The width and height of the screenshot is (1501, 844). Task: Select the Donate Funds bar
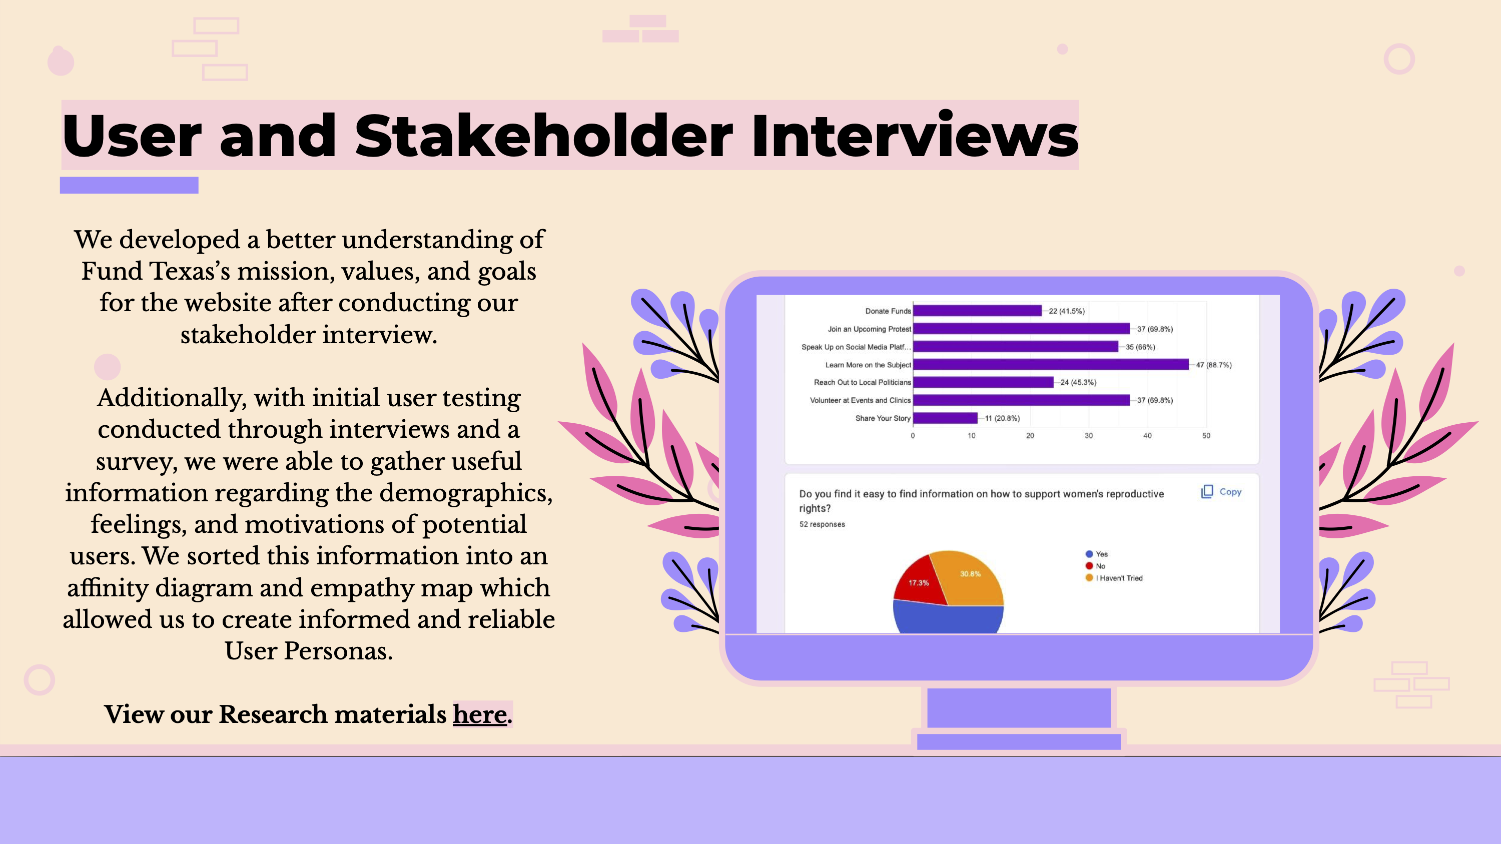click(977, 311)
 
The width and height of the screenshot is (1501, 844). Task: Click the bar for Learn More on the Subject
click(1051, 365)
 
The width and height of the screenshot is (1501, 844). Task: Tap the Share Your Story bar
click(945, 418)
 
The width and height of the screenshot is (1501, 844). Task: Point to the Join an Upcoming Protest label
click(869, 329)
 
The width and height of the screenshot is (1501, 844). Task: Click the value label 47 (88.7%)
click(1214, 365)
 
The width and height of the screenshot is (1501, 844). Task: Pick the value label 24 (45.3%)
click(1078, 383)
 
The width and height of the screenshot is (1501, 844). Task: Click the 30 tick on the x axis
click(1088, 436)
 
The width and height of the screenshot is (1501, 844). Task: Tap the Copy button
click(1221, 492)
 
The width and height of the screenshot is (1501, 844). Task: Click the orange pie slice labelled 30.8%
click(970, 577)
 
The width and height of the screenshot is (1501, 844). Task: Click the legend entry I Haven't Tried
click(1114, 578)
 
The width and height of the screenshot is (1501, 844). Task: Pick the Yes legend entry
click(1097, 554)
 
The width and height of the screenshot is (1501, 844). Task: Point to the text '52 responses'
click(822, 524)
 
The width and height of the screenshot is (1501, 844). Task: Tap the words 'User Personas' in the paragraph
click(308, 650)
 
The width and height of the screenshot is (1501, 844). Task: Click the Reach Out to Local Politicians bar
click(983, 383)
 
